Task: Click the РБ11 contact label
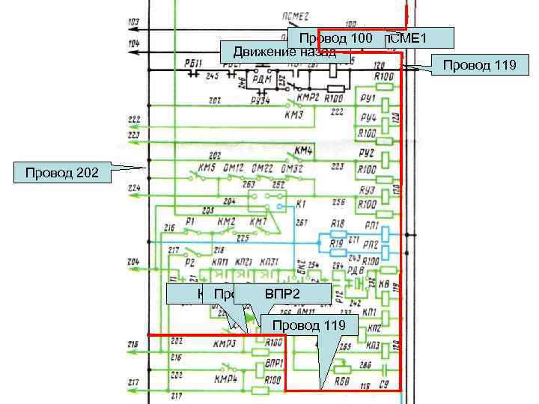click(x=192, y=63)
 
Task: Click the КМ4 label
click(x=303, y=150)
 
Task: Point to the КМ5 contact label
click(x=207, y=168)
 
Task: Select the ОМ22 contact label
click(x=261, y=168)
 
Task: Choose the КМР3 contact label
click(x=225, y=344)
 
